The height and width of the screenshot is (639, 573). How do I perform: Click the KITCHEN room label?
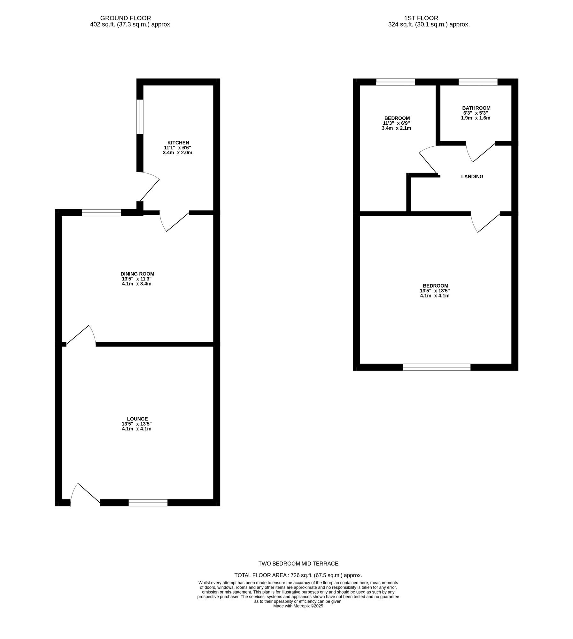178,142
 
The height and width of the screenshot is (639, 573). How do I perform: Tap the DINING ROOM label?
137,274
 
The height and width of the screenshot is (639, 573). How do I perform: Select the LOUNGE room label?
137,419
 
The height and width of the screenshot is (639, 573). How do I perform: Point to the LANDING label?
472,176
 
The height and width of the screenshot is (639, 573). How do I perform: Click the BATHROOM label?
476,108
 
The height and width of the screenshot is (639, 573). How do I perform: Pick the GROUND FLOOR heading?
125,18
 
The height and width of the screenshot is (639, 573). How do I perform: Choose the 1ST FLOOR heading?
421,18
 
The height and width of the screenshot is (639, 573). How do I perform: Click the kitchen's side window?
140,117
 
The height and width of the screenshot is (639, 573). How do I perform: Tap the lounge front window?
148,503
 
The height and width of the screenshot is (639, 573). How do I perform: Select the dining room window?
101,212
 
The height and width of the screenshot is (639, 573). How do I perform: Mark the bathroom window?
478,82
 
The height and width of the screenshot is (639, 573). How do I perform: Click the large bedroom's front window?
437,367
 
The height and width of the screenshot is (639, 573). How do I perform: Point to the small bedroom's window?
395,82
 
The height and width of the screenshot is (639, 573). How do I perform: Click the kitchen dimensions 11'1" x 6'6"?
177,148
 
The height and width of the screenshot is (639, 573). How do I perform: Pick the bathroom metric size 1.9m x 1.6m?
475,118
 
